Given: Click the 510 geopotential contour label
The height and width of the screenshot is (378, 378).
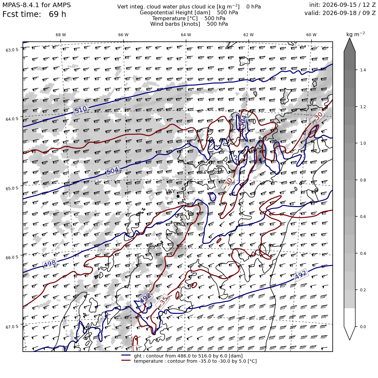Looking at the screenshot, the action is pyautogui.click(x=81, y=110).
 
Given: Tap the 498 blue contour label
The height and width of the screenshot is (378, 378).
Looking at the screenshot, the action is pyautogui.click(x=50, y=264).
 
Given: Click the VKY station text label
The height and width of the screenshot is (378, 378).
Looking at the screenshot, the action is pyautogui.click(x=170, y=192).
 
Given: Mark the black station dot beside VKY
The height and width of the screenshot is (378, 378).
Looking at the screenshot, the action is pyautogui.click(x=178, y=196).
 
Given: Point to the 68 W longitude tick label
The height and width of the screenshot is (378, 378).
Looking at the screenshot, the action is pyautogui.click(x=61, y=35).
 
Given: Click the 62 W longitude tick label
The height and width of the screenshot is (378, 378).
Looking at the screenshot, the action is pyautogui.click(x=249, y=35).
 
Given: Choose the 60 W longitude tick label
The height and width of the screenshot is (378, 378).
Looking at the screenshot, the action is pyautogui.click(x=311, y=35).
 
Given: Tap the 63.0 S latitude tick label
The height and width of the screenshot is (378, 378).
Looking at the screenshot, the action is pyautogui.click(x=12, y=50).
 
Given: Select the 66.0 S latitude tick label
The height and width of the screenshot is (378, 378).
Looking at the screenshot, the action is pyautogui.click(x=12, y=257).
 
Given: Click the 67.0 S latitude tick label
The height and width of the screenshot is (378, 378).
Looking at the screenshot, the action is pyautogui.click(x=12, y=327).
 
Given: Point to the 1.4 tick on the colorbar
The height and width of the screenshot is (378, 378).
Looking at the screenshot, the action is pyautogui.click(x=363, y=70).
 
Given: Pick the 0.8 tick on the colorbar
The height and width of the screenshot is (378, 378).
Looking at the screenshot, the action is pyautogui.click(x=363, y=180).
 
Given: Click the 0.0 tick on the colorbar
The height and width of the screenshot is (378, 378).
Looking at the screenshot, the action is pyautogui.click(x=363, y=327).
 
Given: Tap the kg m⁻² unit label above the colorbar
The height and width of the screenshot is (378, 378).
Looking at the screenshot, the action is pyautogui.click(x=356, y=34).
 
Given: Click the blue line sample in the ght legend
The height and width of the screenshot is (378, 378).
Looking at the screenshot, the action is pyautogui.click(x=126, y=355).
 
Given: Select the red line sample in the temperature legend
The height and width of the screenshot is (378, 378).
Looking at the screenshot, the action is pyautogui.click(x=126, y=361).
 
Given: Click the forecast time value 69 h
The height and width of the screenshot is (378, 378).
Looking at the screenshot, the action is pyautogui.click(x=57, y=14).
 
